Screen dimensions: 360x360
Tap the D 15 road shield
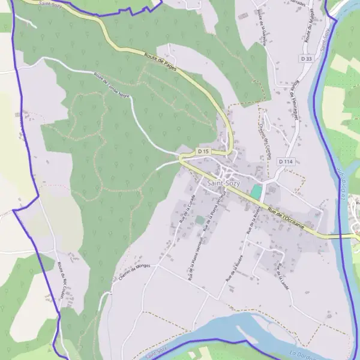pyautogui.click(x=203, y=152)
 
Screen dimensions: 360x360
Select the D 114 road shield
pyautogui.click(x=285, y=161)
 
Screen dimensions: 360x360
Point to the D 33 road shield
pyautogui.click(x=306, y=59)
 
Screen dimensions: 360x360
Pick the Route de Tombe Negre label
pyautogui.click(x=112, y=85)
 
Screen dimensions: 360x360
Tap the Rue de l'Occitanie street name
pyautogui.click(x=286, y=220)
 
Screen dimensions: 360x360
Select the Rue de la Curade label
pyautogui.click(x=187, y=209)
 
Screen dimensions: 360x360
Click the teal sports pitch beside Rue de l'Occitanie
pyautogui.click(x=256, y=192)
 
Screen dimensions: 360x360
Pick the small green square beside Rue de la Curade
pyautogui.click(x=199, y=220)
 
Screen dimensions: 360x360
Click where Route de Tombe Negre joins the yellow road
pyautogui.click(x=179, y=157)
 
